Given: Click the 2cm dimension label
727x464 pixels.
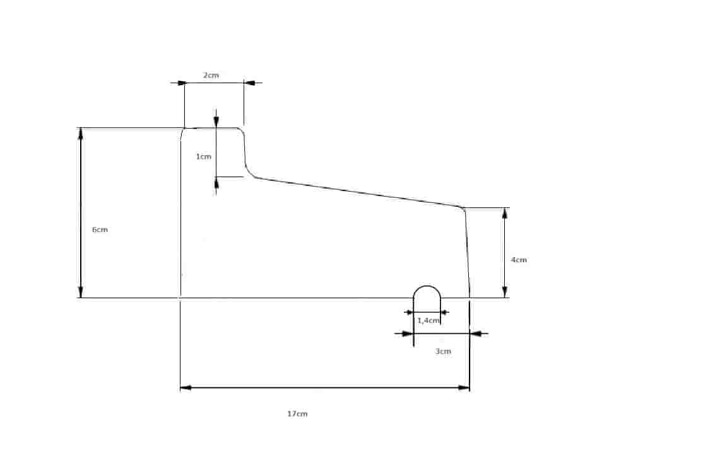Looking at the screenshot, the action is [x=211, y=75].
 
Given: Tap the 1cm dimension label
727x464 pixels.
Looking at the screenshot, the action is [x=204, y=156].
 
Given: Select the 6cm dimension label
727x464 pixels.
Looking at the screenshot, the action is [x=100, y=229].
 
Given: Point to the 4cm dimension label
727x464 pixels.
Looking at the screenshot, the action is [x=519, y=260].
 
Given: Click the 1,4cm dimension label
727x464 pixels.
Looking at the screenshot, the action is [x=429, y=320].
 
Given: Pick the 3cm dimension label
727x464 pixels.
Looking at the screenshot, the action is [x=443, y=352].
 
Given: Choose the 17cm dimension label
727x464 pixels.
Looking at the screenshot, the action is [x=297, y=414].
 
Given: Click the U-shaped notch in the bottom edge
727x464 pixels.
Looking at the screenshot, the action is [x=427, y=286].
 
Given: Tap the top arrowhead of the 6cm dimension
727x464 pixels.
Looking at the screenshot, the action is [x=81, y=134].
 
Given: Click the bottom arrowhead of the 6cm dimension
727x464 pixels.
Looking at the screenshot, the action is [x=81, y=292].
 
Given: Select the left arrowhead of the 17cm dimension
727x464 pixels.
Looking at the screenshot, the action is [x=186, y=388].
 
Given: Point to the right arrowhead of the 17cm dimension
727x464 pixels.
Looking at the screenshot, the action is [x=464, y=388].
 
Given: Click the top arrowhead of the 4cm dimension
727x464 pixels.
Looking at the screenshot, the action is [x=505, y=214].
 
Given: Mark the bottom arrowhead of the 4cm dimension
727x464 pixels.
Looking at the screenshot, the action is [x=505, y=292].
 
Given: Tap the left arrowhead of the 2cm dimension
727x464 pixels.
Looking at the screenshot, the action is [x=179, y=83].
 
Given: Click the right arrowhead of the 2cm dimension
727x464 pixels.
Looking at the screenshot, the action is [x=249, y=83].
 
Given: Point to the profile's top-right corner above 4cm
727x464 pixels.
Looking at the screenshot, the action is [x=463, y=209].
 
